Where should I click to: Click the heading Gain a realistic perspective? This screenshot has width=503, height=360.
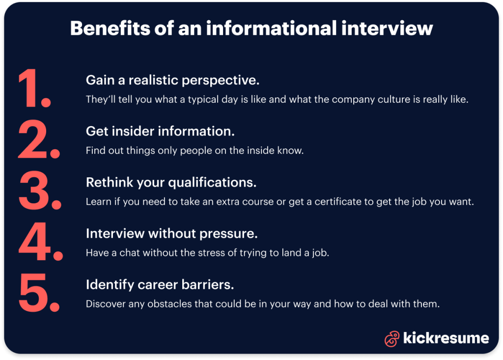click(x=172, y=80)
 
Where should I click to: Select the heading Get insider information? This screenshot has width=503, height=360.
click(x=160, y=131)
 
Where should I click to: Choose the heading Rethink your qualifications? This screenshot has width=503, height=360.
click(x=171, y=183)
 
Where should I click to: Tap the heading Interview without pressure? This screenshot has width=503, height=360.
click(x=171, y=234)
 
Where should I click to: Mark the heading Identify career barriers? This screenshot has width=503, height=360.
click(x=160, y=284)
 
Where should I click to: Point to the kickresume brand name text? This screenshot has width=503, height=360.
click(x=446, y=338)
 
